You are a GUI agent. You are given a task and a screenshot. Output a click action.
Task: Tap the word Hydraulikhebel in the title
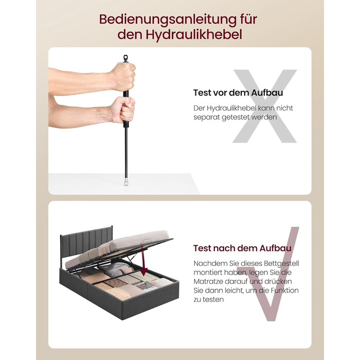193,35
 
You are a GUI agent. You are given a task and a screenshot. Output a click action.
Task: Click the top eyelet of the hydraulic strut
125,58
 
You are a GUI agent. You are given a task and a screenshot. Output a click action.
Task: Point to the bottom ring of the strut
126,183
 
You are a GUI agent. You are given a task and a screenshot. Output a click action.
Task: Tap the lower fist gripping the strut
123,110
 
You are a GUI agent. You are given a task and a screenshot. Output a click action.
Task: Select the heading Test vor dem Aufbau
238,93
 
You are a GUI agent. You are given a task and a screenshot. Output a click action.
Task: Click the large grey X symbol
265,106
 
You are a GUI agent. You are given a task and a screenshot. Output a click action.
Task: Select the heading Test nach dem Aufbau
242,248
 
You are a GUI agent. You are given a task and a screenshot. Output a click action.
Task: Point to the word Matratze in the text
208,282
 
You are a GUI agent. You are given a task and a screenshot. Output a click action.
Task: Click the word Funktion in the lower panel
285,291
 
